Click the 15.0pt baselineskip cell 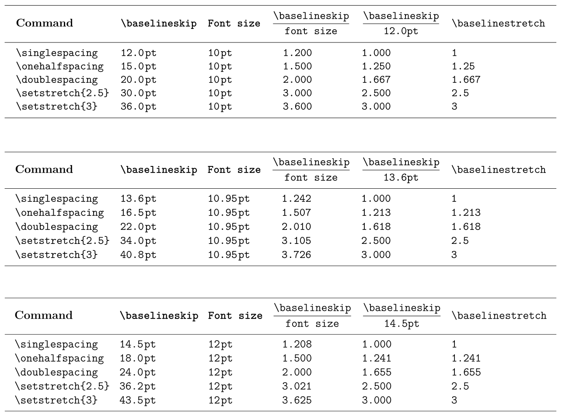point(138,67)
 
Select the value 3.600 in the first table point(297,106)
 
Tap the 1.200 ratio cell point(297,54)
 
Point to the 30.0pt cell point(138,93)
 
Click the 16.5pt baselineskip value point(138,213)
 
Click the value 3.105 point(297,240)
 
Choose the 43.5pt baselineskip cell point(138,400)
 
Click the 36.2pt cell point(138,386)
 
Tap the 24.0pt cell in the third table point(138,373)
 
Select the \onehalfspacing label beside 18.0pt point(60,359)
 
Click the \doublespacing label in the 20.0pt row point(57,80)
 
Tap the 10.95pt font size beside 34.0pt point(229,240)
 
